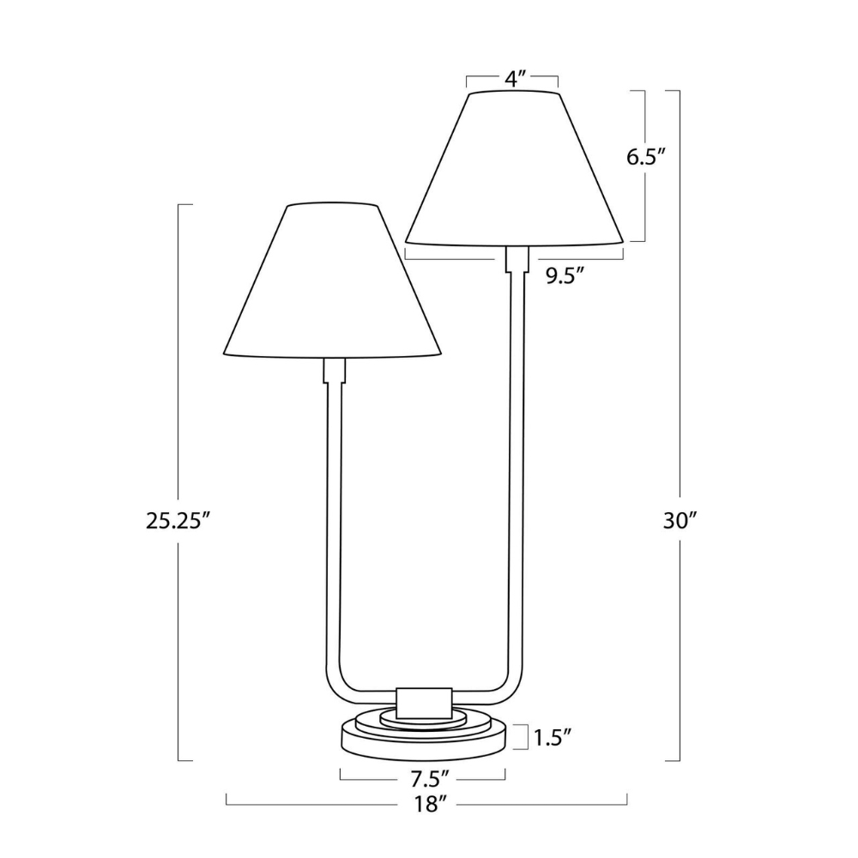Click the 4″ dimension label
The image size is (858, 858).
pos(513,79)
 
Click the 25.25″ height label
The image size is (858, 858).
pos(178,520)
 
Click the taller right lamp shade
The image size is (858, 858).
pos(513,167)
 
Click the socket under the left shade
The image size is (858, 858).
pos(334,371)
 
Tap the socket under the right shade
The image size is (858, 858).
pos(517,259)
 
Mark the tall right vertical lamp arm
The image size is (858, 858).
pos(517,472)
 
